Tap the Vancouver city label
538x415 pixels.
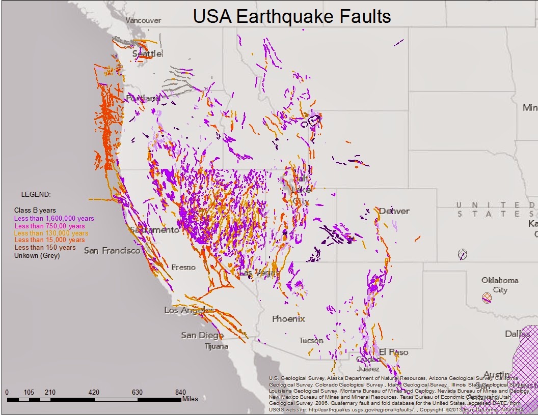pyautogui.click(x=143, y=20)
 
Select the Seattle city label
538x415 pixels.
pyautogui.click(x=147, y=53)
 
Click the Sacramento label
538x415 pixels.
pyautogui.click(x=154, y=230)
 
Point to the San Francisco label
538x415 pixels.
pyautogui.click(x=112, y=250)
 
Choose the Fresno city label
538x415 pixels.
pyautogui.click(x=183, y=267)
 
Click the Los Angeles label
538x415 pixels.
pyautogui.click(x=189, y=310)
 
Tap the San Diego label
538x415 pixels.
pyautogui.click(x=202, y=335)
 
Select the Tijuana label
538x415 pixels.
pyautogui.click(x=216, y=346)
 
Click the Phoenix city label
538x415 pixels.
pyautogui.click(x=288, y=319)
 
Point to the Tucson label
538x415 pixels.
pyautogui.click(x=311, y=341)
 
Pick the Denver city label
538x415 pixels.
pyautogui.click(x=394, y=211)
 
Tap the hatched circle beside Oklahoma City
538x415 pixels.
pyautogui.click(x=487, y=298)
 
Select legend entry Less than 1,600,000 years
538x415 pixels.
pyautogui.click(x=54, y=218)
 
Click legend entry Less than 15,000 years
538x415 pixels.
pyautogui.click(x=49, y=240)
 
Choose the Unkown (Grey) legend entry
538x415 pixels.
pyautogui.click(x=37, y=256)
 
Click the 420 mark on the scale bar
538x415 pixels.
pyautogui.click(x=94, y=392)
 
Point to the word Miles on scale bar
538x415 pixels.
pyautogui.click(x=190, y=399)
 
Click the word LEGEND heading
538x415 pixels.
pyautogui.click(x=36, y=194)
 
